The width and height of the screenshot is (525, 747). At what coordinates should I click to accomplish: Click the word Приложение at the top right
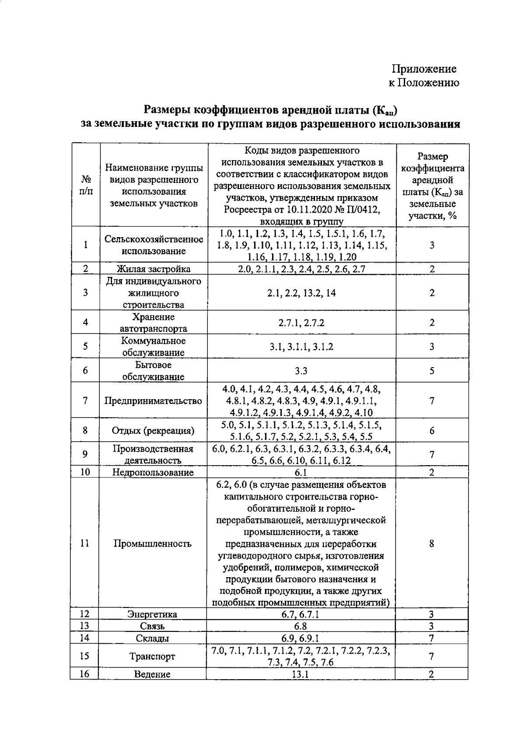[x=423, y=69]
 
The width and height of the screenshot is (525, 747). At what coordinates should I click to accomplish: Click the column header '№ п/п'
[x=86, y=186]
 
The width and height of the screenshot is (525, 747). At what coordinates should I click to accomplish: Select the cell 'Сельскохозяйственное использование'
[x=154, y=245]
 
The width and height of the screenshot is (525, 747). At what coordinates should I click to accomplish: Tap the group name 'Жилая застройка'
[x=154, y=269]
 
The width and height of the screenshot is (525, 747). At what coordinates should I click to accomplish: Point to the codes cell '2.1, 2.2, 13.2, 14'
[x=301, y=293]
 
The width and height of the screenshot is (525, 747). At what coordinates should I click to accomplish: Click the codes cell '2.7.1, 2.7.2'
[x=301, y=323]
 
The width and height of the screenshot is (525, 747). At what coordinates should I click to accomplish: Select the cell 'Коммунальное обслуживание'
[x=154, y=347]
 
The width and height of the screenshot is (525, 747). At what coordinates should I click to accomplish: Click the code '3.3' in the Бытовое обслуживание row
[x=301, y=371]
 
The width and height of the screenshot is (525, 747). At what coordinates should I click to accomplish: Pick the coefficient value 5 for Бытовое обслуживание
[x=432, y=371]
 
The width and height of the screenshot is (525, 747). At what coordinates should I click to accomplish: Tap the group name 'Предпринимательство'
[x=154, y=401]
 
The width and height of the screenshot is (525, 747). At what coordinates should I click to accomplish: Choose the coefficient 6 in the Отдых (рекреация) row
[x=432, y=431]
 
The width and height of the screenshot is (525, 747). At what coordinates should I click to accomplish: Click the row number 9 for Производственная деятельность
[x=85, y=454]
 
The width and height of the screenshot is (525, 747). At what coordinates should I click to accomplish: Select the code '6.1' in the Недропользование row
[x=301, y=472]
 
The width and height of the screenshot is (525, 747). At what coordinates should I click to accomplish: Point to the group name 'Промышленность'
[x=153, y=544]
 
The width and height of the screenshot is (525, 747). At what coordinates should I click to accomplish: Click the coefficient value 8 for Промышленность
[x=432, y=544]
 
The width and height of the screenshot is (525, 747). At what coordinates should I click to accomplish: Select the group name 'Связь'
[x=153, y=626]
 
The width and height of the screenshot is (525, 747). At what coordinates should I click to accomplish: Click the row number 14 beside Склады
[x=85, y=638]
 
